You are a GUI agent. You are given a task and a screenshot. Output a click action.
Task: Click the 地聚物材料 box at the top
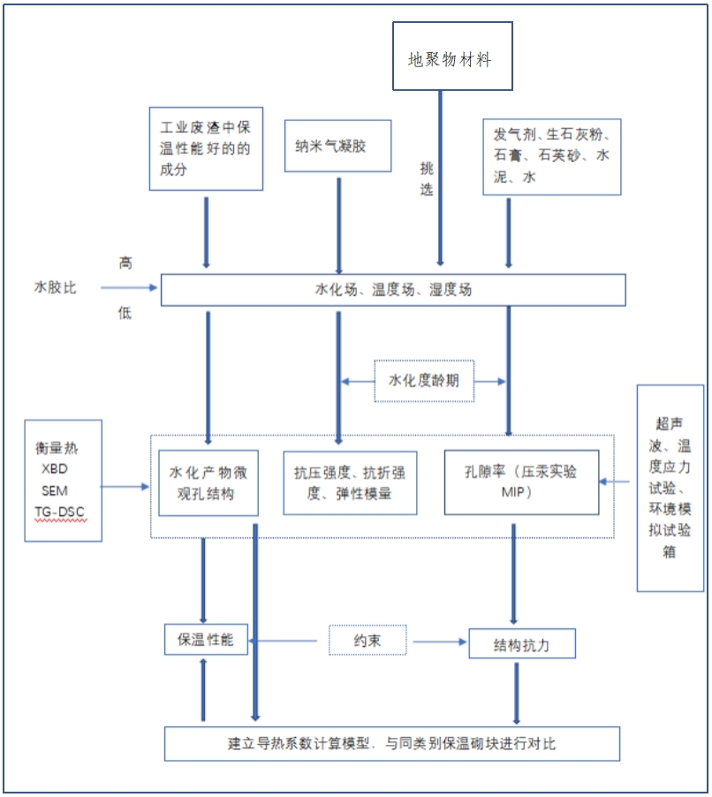[451, 57]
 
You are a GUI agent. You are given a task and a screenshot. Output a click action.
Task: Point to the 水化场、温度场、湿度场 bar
[393, 290]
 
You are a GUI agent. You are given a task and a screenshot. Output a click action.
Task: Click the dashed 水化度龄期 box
[424, 382]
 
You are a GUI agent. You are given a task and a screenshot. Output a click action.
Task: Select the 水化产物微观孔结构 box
[208, 482]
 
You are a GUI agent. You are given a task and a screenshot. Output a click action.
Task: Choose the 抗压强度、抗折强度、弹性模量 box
[350, 482]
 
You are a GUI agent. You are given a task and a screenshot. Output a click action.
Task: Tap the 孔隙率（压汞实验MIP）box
[521, 482]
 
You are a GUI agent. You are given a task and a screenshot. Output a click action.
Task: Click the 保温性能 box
[206, 640]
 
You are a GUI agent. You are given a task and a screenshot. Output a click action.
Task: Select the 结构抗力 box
[521, 644]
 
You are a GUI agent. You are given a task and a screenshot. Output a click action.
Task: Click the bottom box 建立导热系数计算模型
[391, 743]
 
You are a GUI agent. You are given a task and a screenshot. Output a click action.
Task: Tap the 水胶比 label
[56, 287]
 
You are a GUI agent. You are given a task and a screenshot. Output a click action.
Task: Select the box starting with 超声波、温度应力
[670, 488]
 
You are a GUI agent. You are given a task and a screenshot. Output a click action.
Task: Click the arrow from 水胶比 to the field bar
[128, 287]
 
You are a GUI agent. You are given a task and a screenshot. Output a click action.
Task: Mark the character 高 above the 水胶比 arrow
[125, 262]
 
